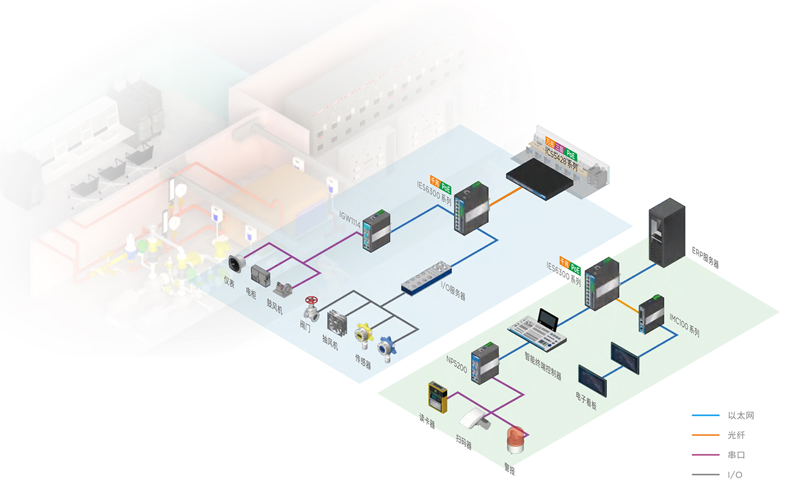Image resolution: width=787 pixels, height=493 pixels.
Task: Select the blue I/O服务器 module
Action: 427,278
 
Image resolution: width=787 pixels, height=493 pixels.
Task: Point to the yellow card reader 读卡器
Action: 438,398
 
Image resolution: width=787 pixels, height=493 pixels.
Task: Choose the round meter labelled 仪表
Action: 236,263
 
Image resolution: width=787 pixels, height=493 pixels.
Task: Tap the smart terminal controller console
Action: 537,329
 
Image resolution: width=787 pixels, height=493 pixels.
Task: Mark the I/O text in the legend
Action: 735,475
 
